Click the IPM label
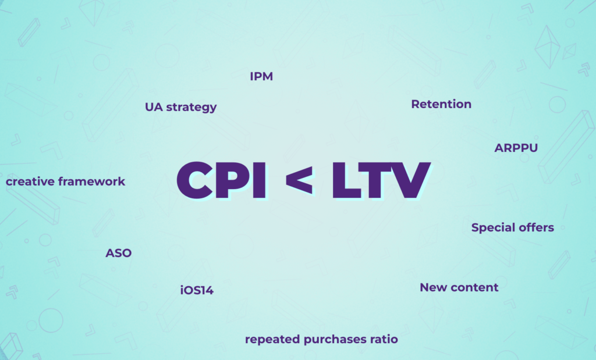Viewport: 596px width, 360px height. [261, 76]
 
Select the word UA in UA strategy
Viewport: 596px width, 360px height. [154, 107]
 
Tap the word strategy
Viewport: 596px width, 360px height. [191, 108]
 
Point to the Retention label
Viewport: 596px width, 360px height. [441, 104]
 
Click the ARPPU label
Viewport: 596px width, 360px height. [516, 148]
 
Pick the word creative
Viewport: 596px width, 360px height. [30, 181]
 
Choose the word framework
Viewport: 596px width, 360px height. [91, 181]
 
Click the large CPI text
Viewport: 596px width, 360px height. [221, 180]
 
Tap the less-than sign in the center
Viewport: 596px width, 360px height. [300, 180]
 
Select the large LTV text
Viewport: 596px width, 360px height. [381, 180]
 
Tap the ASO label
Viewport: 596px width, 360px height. [119, 253]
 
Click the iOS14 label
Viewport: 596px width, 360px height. [197, 291]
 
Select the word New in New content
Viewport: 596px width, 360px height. [433, 287]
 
